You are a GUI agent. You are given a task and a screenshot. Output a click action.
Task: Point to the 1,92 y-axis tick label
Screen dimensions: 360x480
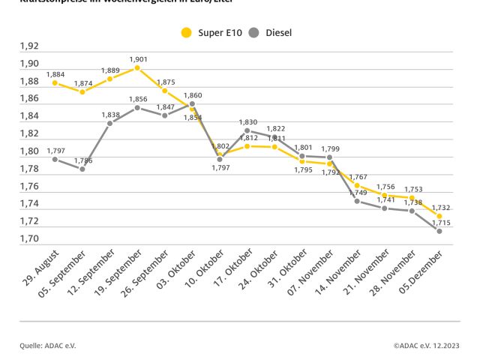[x=30, y=46]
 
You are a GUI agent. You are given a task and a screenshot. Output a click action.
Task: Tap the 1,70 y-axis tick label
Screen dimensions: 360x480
[x=30, y=238]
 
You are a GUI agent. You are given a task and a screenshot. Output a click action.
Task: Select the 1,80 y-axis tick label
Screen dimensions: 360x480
[x=30, y=151]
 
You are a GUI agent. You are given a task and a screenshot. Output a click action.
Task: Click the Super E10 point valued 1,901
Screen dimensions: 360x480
[x=137, y=68]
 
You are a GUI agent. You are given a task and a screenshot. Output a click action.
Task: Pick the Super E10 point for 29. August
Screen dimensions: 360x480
[x=55, y=82]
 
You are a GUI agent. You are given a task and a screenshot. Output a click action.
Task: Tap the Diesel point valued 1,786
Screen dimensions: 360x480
[x=82, y=169]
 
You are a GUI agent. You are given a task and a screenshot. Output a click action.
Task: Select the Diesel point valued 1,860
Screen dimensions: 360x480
[x=192, y=104]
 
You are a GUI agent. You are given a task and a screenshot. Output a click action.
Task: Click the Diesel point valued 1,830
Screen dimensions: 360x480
[x=247, y=130]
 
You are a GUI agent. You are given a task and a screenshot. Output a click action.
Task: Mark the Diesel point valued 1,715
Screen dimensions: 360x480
[x=439, y=231]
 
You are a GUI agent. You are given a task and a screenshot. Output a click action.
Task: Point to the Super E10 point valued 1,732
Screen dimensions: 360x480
[x=439, y=216]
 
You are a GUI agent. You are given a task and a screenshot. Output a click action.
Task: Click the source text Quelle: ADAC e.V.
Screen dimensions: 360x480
[x=48, y=345]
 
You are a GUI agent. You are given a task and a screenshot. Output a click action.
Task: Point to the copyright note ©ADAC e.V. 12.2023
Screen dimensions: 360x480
[x=425, y=345]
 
